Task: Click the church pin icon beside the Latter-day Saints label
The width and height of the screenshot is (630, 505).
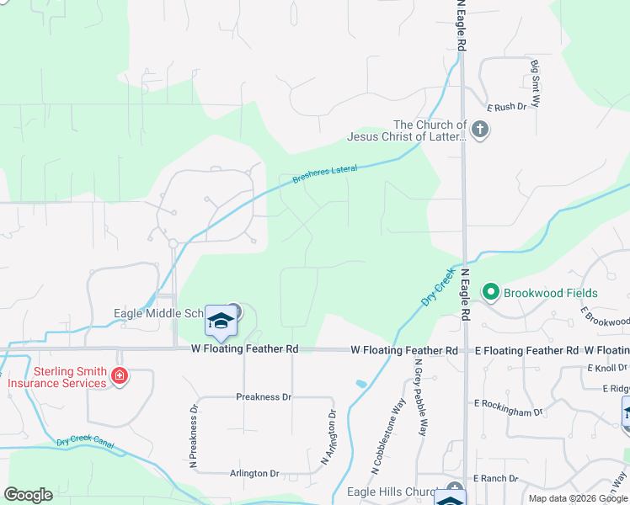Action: coord(480,130)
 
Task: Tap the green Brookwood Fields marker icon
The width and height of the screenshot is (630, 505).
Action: coord(491,292)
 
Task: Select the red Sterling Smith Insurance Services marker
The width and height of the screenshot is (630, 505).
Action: coord(120,376)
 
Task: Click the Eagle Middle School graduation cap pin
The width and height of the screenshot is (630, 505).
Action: coord(221,322)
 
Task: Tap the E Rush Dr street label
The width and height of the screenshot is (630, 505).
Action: coord(506,107)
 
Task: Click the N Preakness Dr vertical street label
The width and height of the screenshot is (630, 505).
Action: coord(194,437)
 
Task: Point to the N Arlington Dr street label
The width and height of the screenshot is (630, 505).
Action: coord(328,438)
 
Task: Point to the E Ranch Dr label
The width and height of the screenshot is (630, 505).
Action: coord(496,478)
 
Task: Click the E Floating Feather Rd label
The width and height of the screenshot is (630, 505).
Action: coord(526,350)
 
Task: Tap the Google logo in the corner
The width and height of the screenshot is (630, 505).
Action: coord(28,495)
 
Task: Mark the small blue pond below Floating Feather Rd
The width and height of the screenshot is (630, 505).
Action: coord(361,384)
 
